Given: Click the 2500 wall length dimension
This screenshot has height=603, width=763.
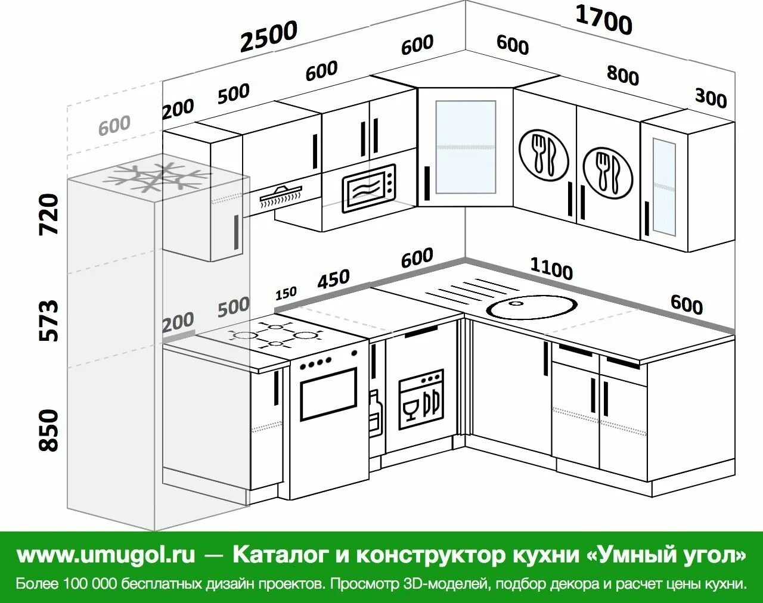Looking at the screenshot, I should coord(268,37).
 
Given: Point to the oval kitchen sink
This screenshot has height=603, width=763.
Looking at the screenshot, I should coord(532,306).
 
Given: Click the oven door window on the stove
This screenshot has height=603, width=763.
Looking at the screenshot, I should coord(328,394).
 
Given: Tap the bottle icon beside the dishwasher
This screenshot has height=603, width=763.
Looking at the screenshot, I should coord(374,411).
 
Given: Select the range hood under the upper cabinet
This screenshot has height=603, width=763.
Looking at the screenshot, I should coord(281,197).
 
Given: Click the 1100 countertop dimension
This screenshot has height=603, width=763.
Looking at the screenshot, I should coord(551,270).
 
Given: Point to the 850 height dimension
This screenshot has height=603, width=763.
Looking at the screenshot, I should coord(49,430).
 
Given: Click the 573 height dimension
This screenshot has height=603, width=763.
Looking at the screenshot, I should coord(49,321).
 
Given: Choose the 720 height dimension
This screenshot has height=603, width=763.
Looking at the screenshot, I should coord(49,213).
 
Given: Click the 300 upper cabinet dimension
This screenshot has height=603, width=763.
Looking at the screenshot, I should coord(711,97).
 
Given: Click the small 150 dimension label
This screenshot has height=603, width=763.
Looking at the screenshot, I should coord(286,294).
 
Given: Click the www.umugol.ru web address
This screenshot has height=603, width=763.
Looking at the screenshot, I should coord(106,555).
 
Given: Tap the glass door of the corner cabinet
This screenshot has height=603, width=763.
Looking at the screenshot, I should coord(466,147).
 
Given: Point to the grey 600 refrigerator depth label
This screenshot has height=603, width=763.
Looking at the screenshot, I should coord(114,125).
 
